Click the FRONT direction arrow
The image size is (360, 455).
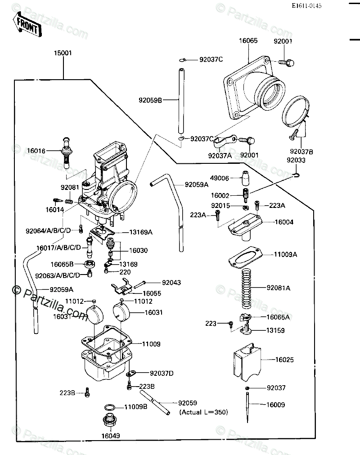[x=27, y=25]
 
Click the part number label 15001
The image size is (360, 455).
[x=63, y=53]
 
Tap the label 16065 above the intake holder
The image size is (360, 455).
[x=248, y=41]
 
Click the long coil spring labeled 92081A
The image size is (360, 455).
[x=247, y=289]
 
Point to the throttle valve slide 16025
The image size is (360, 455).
[x=247, y=361]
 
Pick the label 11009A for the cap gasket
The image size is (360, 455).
[x=285, y=254]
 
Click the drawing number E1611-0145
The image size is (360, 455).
[x=306, y=6]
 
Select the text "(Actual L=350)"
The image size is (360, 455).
[x=204, y=412]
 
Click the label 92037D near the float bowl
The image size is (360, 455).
[x=162, y=374]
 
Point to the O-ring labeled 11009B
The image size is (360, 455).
[x=109, y=407]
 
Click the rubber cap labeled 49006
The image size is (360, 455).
[x=245, y=178]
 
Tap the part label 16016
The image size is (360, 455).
[x=36, y=151]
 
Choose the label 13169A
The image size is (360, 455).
[x=141, y=232]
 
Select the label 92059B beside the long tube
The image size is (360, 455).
[x=150, y=100]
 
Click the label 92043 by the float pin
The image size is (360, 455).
[x=171, y=283]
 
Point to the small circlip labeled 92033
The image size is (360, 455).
[x=296, y=175]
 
